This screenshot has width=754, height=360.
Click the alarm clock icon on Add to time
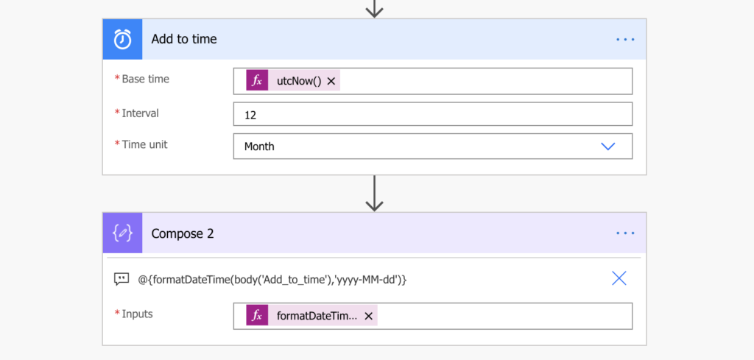tap(123, 39)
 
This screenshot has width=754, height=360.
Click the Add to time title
tap(184, 39)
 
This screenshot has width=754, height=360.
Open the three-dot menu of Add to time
tap(625, 40)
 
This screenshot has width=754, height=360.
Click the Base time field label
tap(146, 79)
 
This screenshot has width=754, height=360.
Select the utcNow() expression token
tap(293, 81)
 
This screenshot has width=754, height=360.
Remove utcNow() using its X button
tap(331, 81)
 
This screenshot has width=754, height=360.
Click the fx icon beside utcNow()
tap(257, 81)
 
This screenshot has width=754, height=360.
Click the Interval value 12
tap(250, 116)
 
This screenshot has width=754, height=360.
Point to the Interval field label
tap(141, 113)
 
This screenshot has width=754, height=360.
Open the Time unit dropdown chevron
tap(608, 146)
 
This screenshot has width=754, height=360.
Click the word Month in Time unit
tap(259, 146)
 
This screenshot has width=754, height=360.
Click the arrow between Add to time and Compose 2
tap(374, 193)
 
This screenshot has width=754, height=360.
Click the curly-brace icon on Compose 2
tap(123, 233)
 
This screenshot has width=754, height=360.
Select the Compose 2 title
tap(183, 233)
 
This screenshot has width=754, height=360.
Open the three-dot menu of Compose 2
tap(625, 233)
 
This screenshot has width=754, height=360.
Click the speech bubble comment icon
tap(121, 279)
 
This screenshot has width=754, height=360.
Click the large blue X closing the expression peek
tap(619, 278)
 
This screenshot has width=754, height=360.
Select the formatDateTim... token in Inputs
tap(311, 315)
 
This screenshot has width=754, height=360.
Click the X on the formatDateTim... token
tap(368, 316)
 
